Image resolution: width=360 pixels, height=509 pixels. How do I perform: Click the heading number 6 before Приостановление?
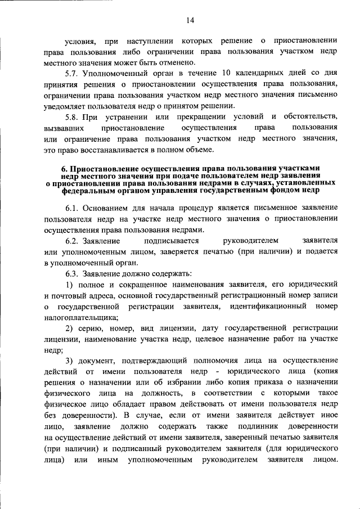64,169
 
